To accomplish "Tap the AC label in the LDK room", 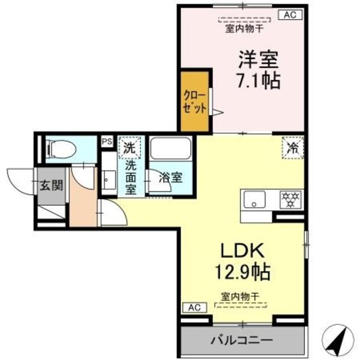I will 193,308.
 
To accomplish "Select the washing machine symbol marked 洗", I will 130,148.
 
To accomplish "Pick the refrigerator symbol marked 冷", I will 292,148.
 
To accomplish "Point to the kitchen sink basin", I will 255,199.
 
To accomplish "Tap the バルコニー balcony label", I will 242,340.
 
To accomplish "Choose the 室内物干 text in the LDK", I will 242,295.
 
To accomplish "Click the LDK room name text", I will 242,249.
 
